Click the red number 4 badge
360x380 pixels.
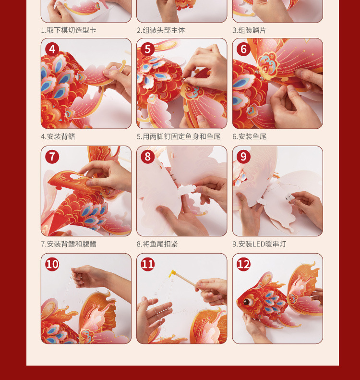52,49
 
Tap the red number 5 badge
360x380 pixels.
148,49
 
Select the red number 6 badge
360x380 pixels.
243,49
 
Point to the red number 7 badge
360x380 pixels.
52,157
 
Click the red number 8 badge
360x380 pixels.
148,157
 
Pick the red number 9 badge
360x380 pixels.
243,157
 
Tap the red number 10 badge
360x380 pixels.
52,264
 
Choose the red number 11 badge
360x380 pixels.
148,264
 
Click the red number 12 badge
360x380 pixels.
243,264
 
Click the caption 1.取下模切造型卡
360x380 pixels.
69,30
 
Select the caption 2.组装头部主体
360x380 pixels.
161,30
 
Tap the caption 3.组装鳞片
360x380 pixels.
250,30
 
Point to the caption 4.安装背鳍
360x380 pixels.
58,137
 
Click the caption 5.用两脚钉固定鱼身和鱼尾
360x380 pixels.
179,137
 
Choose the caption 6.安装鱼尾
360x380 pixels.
250,137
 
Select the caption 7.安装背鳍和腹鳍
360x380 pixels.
69,244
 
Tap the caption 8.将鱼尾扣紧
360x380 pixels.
157,244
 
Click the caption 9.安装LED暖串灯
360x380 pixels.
259,244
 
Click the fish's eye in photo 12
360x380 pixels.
247,302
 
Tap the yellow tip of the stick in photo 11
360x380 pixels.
172,274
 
